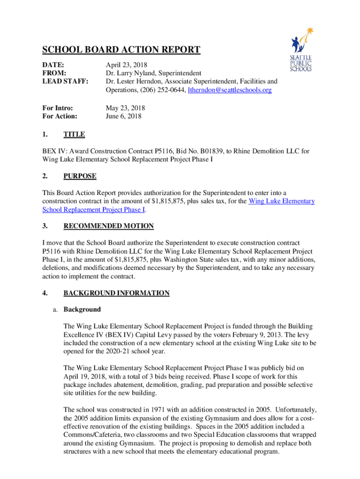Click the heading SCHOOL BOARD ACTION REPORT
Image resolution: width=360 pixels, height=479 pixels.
122,50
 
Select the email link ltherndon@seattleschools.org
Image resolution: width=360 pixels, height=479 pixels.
230,90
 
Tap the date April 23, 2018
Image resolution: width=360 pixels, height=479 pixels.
126,65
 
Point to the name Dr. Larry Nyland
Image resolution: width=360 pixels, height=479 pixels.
131,73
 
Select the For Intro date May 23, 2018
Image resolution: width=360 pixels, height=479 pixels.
125,108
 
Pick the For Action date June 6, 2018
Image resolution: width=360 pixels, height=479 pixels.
123,116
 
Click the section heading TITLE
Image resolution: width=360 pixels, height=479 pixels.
74,135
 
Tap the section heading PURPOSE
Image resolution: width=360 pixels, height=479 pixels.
80,176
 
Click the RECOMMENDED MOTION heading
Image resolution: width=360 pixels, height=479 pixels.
108,226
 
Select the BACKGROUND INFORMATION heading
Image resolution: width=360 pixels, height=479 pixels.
116,293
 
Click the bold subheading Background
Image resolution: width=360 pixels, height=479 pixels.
82,310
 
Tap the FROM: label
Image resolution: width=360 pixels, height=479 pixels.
54,73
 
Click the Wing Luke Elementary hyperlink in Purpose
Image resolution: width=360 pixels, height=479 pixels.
281,202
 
